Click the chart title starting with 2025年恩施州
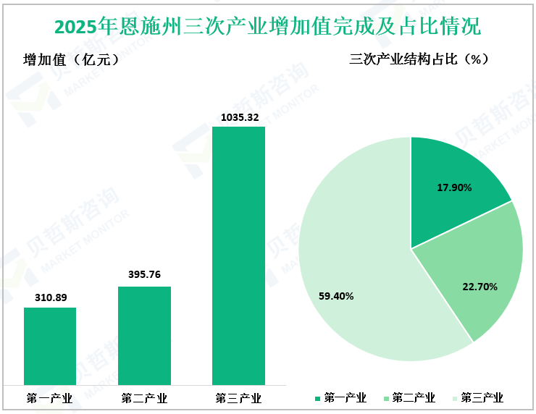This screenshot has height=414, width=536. [x=267, y=27]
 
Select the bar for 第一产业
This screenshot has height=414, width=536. [x=50, y=346]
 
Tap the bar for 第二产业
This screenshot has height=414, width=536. [x=144, y=336]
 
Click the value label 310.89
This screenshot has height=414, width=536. [x=50, y=297]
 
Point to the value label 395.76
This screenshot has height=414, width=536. [x=144, y=275]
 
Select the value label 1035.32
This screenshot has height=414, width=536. [x=238, y=117]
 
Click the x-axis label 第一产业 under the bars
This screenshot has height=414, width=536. [x=50, y=398]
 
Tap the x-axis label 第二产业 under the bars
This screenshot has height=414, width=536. [x=144, y=398]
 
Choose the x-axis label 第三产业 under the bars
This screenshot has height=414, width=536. [x=238, y=398]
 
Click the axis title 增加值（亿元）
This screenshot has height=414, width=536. [x=71, y=60]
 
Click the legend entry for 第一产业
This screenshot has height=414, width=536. [x=340, y=398]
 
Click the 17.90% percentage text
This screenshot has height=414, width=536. [x=454, y=187]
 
